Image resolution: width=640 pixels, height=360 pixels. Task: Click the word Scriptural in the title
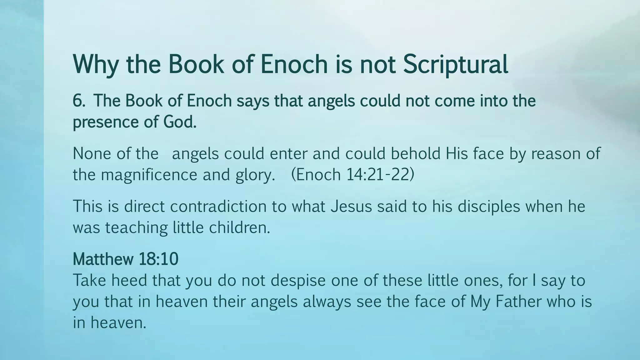pos(455,65)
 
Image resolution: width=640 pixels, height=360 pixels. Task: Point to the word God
pos(180,122)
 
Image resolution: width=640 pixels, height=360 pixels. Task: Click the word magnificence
pos(149,175)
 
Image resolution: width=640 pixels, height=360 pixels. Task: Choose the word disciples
pos(489,206)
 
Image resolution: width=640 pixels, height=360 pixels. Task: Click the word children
pos(239,227)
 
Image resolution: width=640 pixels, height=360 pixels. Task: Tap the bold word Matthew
pos(99,259)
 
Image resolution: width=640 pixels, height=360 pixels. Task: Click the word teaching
pos(137,227)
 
